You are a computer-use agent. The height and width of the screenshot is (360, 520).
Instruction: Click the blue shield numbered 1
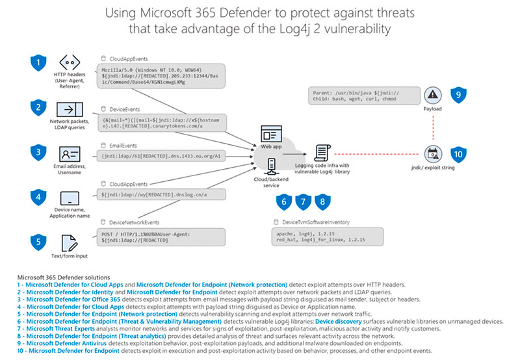coord(39,64)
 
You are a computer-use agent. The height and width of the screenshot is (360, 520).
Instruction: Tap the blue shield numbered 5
coord(39,242)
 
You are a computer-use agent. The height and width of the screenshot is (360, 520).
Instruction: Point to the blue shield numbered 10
coord(458,155)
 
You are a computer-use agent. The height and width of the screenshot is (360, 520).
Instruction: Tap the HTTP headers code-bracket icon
coord(70,64)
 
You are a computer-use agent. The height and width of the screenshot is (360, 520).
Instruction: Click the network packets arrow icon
coord(69,109)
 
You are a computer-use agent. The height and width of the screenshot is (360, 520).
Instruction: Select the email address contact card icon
coord(69,154)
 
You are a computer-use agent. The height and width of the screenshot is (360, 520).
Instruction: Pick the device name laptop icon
coord(70,198)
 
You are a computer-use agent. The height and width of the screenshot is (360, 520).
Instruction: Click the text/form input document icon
coord(69,243)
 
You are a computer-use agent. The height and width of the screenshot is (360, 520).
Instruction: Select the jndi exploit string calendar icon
coord(431,154)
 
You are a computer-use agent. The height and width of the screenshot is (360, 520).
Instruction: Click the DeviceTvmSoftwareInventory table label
coord(315,222)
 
